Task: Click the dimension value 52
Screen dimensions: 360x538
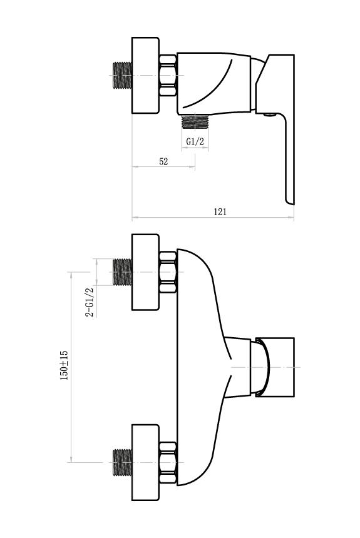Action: (163, 161)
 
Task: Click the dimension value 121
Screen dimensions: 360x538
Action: (220, 211)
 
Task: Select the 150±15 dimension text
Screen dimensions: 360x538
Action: (64, 365)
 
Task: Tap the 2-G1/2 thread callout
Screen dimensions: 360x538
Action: (90, 302)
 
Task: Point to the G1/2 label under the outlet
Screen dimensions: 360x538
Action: (195, 141)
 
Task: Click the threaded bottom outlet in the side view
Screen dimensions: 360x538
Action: (195, 122)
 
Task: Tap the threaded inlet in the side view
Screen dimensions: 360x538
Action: (123, 76)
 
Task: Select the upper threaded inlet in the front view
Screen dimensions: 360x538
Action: (123, 272)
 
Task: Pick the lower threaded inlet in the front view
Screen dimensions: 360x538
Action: (123, 462)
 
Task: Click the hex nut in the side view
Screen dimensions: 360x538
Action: (168, 76)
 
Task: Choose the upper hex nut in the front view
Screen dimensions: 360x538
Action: (168, 272)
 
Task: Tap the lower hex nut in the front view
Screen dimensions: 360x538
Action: (168, 462)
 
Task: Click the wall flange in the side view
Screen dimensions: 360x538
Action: (146, 76)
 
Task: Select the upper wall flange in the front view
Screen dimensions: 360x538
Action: (146, 272)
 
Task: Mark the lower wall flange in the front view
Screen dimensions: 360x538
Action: (146, 462)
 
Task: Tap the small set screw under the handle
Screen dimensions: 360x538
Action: (270, 115)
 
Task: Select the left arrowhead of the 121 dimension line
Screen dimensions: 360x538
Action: (135, 217)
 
